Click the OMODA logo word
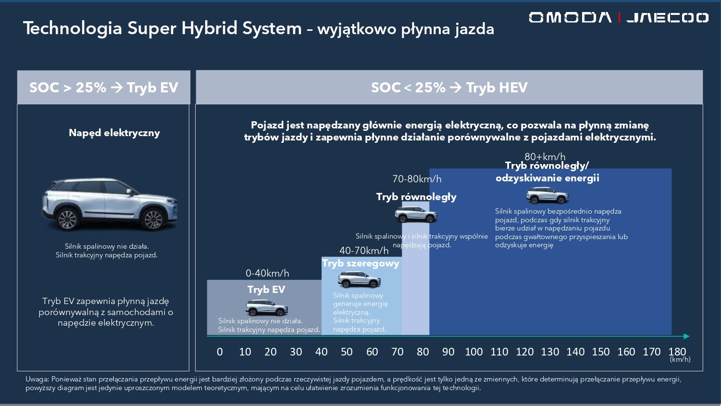click(x=570, y=18)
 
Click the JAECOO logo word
click(x=667, y=18)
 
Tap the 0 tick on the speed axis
click(x=220, y=352)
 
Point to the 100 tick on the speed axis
click(x=473, y=352)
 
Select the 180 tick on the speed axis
click(x=677, y=352)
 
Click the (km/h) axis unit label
click(x=680, y=359)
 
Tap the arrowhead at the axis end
click(x=686, y=336)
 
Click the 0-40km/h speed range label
click(x=267, y=273)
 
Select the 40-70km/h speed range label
click(x=364, y=251)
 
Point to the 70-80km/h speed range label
click(x=417, y=179)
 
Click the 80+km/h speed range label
click(x=545, y=157)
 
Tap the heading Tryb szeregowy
click(x=360, y=263)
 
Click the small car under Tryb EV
click(x=267, y=307)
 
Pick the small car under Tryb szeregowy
click(x=359, y=279)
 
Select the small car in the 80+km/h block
click(x=547, y=196)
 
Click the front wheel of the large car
click(x=153, y=219)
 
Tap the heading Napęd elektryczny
click(x=114, y=133)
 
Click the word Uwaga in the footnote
click(x=37, y=379)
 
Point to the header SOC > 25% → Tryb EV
click(x=104, y=88)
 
